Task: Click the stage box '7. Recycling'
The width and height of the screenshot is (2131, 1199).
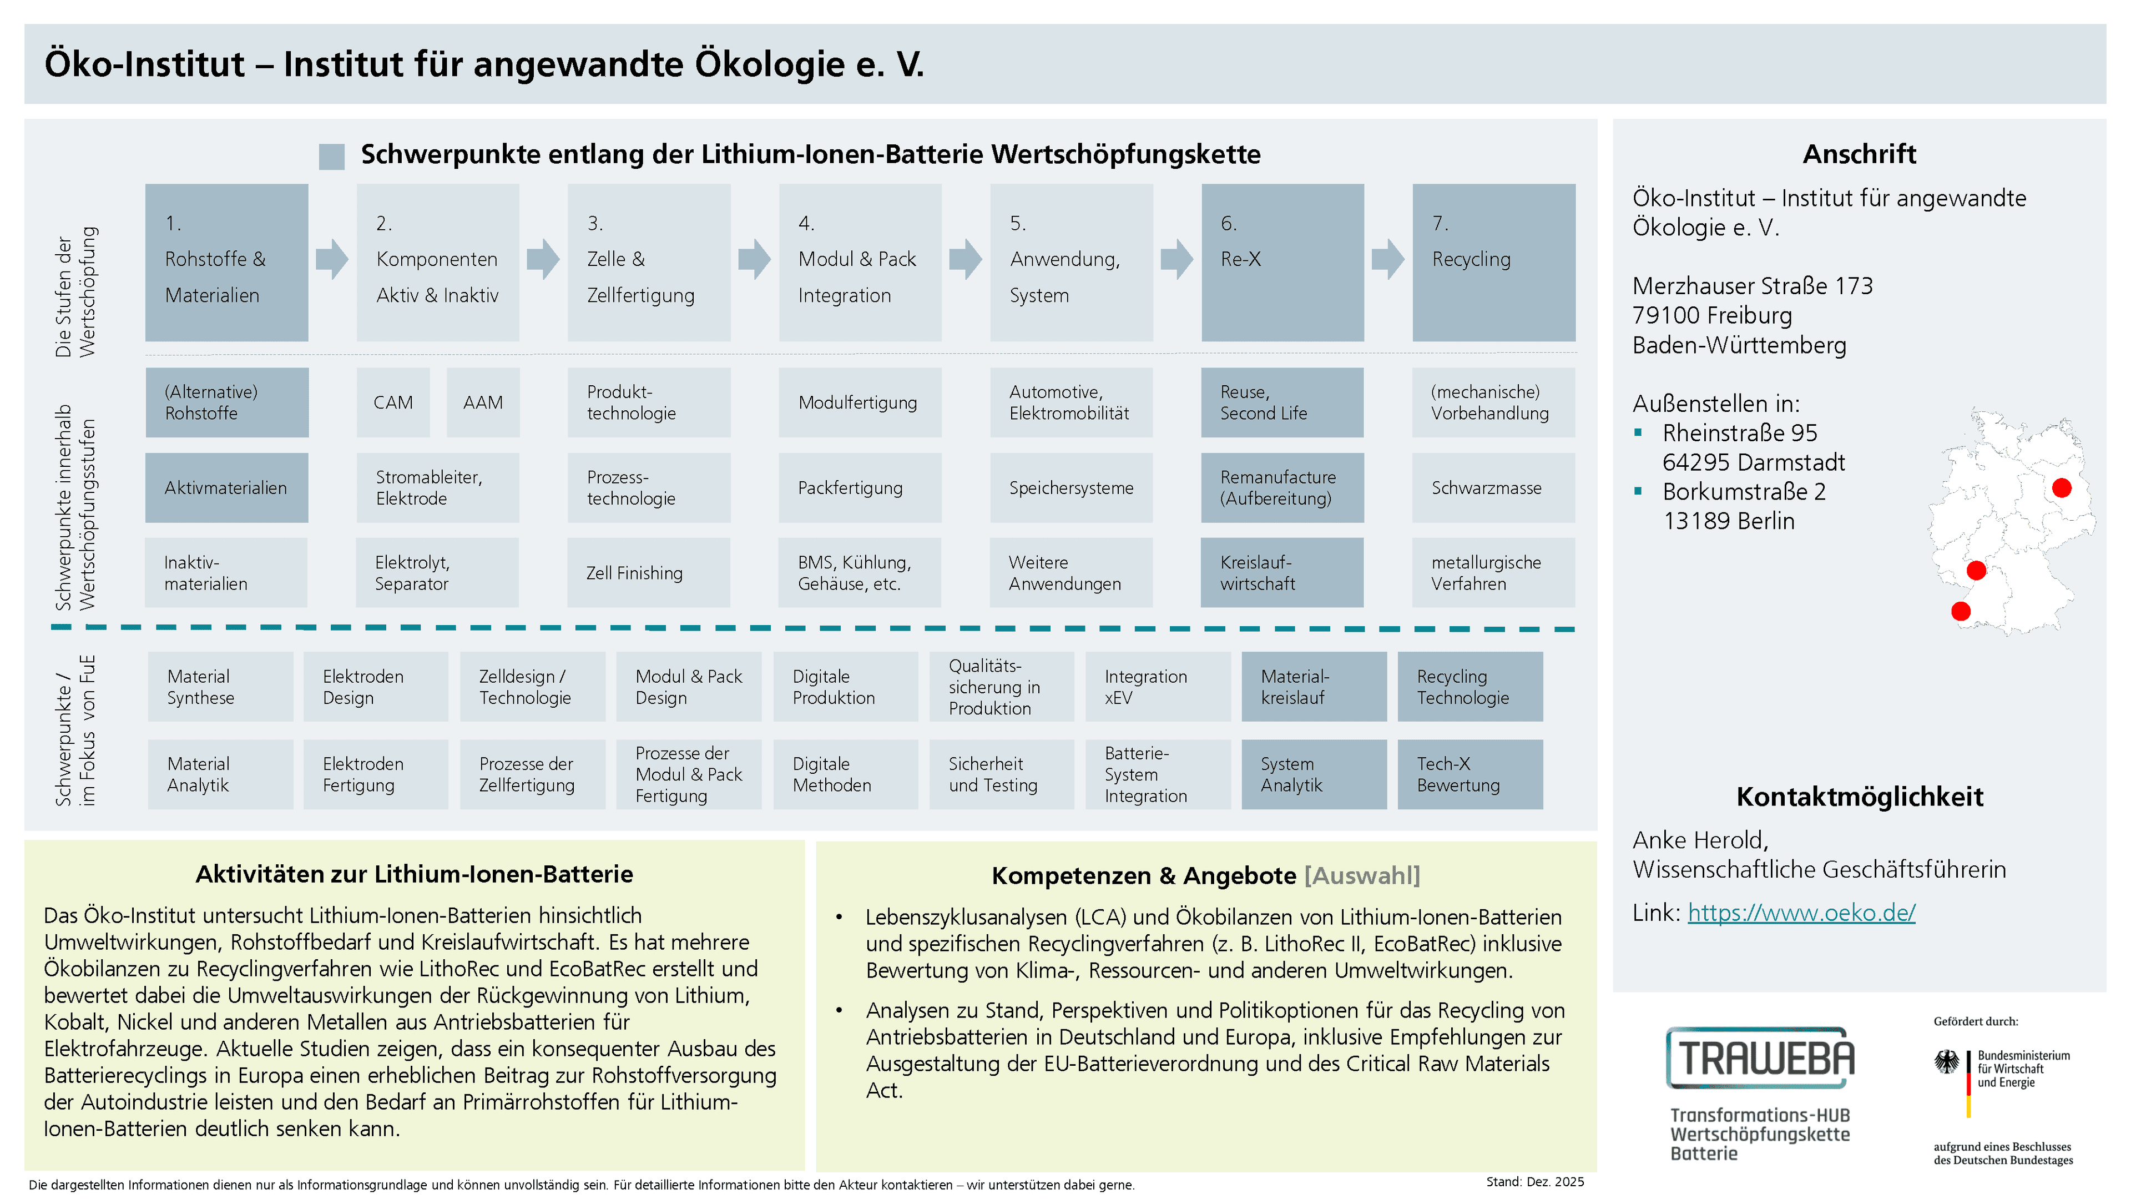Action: pos(1493,263)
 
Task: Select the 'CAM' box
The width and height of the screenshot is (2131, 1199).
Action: pos(393,402)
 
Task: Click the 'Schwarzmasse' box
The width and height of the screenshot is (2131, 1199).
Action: pos(1493,487)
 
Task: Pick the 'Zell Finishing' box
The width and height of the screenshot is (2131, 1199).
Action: pos(649,573)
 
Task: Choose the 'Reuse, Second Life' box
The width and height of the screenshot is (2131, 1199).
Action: pos(1282,402)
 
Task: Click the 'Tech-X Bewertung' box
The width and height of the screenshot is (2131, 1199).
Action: pos(1470,774)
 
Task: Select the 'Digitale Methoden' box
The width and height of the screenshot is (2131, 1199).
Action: pos(845,774)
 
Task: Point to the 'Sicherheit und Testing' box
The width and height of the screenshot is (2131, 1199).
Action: pos(1002,774)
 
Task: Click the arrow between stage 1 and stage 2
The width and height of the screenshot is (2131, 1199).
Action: pos(332,259)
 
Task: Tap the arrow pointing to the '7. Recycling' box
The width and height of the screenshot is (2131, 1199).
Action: pos(1388,259)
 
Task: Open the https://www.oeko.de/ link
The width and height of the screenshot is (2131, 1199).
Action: pos(1801,912)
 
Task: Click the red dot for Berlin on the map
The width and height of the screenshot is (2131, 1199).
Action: pos(2062,488)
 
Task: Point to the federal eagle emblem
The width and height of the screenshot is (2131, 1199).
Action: pos(1947,1062)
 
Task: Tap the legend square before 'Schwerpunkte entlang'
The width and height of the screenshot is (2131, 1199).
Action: pos(332,157)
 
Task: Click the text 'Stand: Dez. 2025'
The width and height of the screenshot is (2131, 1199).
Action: pos(1534,1182)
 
